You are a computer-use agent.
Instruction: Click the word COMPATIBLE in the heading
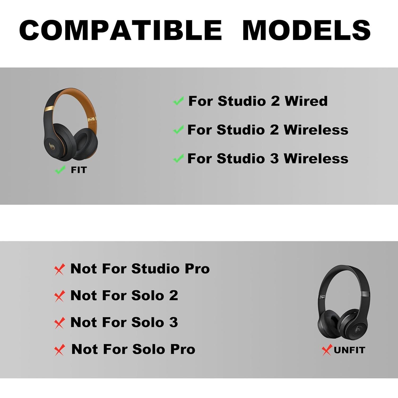point(121,30)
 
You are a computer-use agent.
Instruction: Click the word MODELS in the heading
point(306,30)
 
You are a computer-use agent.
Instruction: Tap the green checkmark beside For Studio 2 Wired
point(178,101)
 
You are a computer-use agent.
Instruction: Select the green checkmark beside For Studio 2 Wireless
point(178,130)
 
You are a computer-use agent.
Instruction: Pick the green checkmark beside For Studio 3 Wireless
point(178,158)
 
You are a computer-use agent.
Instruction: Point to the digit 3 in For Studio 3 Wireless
point(274,159)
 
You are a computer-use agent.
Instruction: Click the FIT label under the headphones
point(79,170)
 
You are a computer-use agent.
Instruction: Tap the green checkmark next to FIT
point(60,170)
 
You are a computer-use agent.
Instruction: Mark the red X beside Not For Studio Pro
point(59,270)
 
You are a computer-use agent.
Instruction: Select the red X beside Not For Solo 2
point(59,296)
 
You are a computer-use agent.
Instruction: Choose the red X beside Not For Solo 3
point(59,323)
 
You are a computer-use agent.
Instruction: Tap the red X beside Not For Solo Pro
point(59,350)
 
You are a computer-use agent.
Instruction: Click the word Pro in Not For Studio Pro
point(197,269)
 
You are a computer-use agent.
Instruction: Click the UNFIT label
point(349,350)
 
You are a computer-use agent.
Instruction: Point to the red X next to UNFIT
point(327,350)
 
